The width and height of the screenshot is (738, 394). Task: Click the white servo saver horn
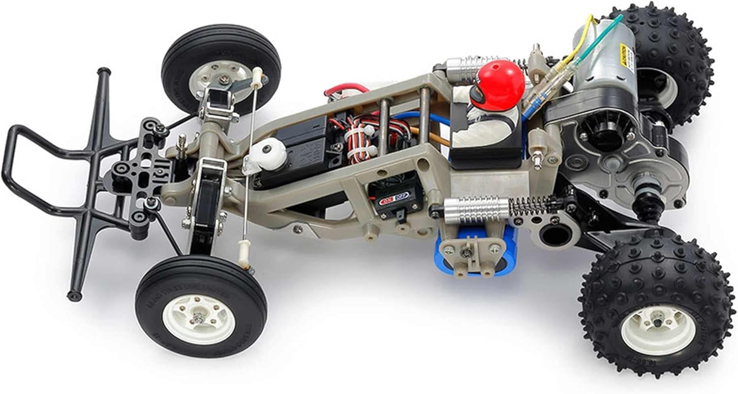click(x=269, y=155)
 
